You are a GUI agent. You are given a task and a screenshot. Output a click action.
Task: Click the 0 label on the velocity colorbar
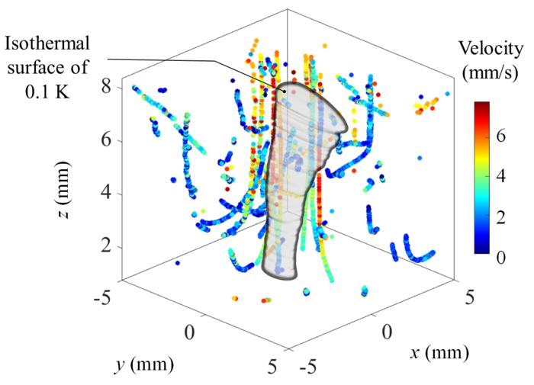coord(502,258)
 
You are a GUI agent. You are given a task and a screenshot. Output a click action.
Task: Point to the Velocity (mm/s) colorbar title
coord(490,61)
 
